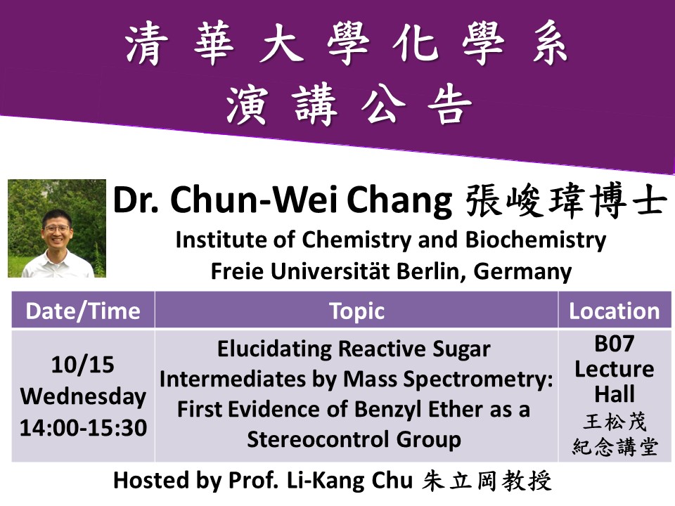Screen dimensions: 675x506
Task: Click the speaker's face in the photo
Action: (56, 233)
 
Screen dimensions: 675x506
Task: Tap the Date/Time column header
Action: (83, 311)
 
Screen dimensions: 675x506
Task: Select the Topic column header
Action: (357, 311)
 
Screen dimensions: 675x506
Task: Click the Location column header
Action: (615, 311)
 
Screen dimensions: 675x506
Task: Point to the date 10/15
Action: (83, 365)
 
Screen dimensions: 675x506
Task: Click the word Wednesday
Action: (83, 396)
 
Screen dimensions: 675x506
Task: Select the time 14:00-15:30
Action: (84, 428)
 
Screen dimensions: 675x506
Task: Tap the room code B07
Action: (615, 344)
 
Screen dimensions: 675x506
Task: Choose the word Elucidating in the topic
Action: (274, 349)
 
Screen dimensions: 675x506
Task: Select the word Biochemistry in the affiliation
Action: (536, 240)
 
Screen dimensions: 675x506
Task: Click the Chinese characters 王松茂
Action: (615, 422)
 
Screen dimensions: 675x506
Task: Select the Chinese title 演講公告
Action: (349, 105)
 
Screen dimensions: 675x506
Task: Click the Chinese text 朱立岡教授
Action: (487, 481)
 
